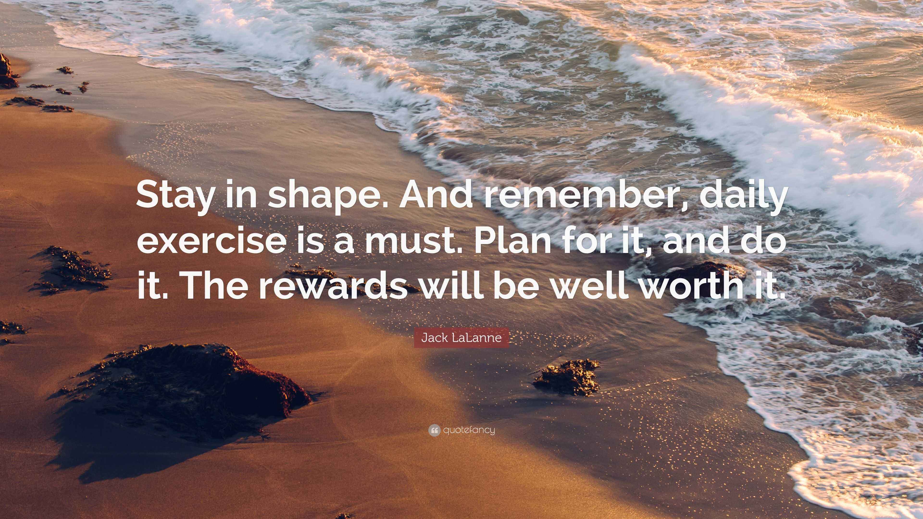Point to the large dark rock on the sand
(186, 387)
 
